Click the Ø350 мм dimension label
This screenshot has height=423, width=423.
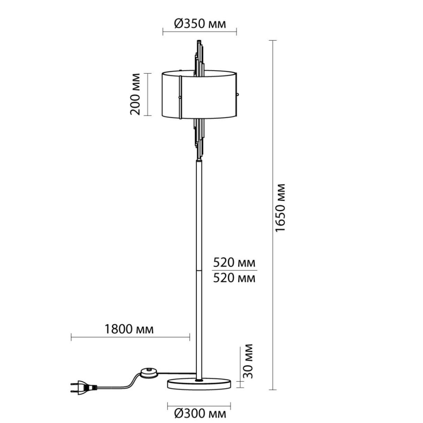point(200,24)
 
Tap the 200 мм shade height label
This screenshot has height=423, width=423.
point(135,94)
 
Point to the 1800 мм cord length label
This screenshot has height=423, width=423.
point(129,329)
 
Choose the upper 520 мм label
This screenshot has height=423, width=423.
point(234,263)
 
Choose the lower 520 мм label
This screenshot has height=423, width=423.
point(234,278)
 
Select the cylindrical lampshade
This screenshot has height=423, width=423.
point(199,94)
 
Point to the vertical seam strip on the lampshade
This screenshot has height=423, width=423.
point(180,97)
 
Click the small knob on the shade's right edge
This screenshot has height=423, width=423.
point(238,94)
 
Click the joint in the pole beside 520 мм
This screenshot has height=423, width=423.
point(199,270)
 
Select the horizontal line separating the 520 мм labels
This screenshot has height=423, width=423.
point(235,270)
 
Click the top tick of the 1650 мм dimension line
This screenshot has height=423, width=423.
point(272,41)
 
